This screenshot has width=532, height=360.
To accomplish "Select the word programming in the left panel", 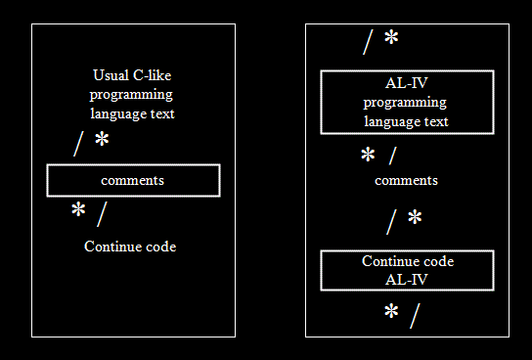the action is pyautogui.click(x=131, y=95).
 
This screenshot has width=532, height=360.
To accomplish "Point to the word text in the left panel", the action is pyautogui.click(x=162, y=114).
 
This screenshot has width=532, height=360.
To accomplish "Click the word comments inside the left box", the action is pyautogui.click(x=133, y=181).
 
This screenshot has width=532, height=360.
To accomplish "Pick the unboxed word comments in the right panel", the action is pyautogui.click(x=406, y=181).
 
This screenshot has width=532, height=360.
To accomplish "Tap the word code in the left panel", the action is pyautogui.click(x=160, y=247).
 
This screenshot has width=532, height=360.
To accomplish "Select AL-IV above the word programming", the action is pyautogui.click(x=407, y=83).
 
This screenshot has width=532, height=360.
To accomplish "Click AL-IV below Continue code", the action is pyautogui.click(x=407, y=280).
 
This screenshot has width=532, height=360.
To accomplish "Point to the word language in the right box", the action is pyautogui.click(x=389, y=122).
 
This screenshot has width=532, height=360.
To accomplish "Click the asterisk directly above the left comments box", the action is pyautogui.click(x=102, y=139).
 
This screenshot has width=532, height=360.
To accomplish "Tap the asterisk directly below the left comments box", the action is pyautogui.click(x=78, y=209).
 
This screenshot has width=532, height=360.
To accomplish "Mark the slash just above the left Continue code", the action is pyautogui.click(x=102, y=214).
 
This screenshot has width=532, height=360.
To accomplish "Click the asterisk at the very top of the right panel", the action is pyautogui.click(x=391, y=36).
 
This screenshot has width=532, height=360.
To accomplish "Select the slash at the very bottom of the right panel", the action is pyautogui.click(x=415, y=316).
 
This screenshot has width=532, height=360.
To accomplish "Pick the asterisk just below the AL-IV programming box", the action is pyautogui.click(x=368, y=155).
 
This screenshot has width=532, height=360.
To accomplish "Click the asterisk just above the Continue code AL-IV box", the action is pyautogui.click(x=415, y=217).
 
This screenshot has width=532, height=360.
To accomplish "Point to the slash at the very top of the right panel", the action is pyautogui.click(x=368, y=42).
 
